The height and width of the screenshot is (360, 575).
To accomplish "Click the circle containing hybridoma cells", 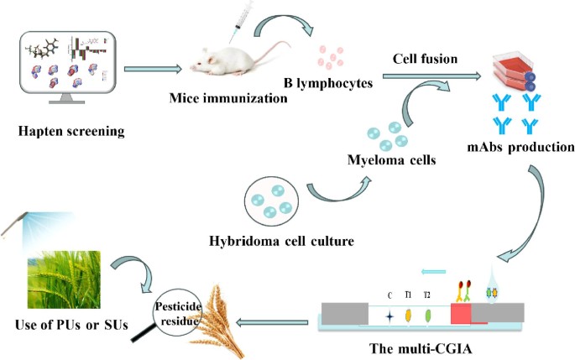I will [x=268, y=201].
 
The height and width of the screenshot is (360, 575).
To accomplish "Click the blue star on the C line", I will [x=389, y=316].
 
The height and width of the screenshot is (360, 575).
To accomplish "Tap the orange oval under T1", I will [x=408, y=316].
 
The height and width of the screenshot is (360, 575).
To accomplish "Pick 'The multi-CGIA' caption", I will [x=416, y=349].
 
